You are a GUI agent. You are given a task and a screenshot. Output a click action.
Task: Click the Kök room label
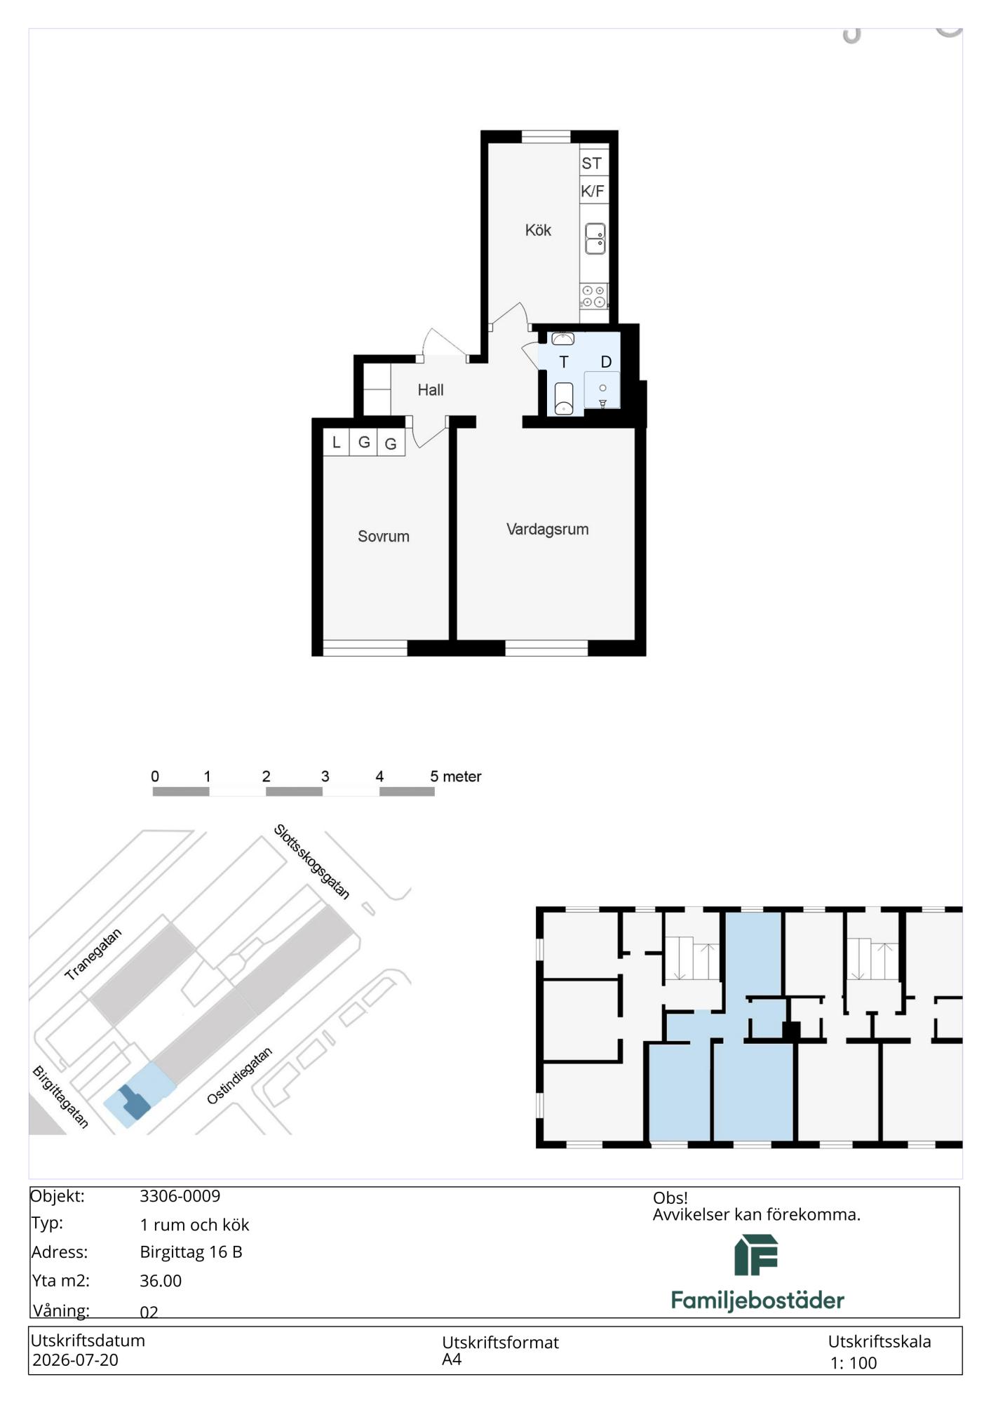538,230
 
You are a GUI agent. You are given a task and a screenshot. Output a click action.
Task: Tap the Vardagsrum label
547,529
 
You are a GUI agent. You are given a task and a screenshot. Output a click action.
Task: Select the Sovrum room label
383,536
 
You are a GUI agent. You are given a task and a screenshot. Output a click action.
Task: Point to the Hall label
431,390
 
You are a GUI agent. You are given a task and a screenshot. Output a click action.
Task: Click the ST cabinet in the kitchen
593,163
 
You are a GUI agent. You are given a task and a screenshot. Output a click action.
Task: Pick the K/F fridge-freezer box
593,191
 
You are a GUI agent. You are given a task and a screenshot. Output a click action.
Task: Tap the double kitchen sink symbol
595,239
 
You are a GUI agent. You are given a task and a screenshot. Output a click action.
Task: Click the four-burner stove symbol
594,296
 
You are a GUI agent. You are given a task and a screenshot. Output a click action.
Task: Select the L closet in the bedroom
337,443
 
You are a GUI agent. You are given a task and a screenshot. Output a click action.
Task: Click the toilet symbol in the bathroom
564,398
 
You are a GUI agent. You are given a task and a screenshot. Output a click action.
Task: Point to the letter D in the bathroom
606,362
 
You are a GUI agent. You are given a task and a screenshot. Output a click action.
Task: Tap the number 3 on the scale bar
325,777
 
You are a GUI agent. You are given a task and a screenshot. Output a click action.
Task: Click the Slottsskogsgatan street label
311,861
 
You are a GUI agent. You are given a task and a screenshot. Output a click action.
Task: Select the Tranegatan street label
93,954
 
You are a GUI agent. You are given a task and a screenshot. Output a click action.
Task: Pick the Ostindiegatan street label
239,1076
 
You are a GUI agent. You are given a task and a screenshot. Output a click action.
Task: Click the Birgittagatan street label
61,1097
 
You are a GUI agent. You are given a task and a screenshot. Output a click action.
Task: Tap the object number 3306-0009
180,1196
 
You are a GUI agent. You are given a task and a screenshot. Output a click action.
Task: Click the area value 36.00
161,1280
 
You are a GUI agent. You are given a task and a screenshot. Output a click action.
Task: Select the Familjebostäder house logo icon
756,1255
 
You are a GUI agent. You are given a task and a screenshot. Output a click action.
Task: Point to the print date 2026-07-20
75,1360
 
